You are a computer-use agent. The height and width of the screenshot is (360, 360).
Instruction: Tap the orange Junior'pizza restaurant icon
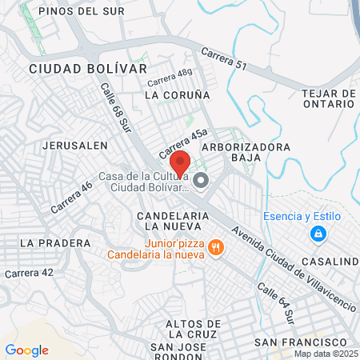click(x=214, y=249)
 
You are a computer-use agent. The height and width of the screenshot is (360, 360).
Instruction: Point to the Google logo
click(x=26, y=350)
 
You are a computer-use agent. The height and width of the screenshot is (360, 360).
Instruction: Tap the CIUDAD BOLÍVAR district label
click(x=88, y=69)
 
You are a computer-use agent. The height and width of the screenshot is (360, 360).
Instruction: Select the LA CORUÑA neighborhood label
click(x=177, y=94)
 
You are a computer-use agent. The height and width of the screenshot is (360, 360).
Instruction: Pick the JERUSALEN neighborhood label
click(x=74, y=146)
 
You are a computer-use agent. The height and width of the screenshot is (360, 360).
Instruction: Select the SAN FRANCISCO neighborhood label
click(x=291, y=342)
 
